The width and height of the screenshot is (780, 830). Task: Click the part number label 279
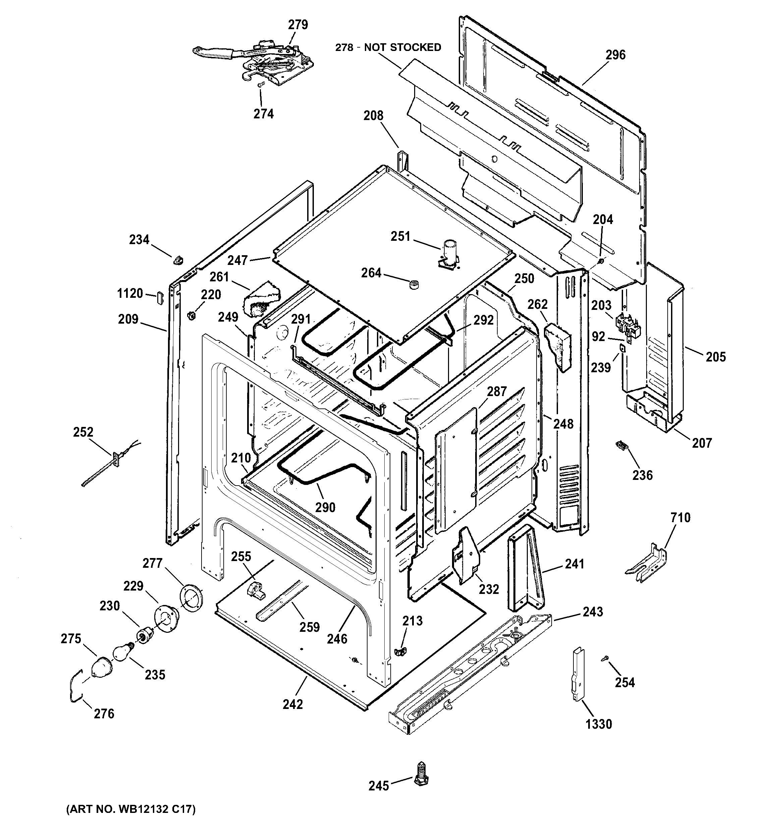(x=298, y=25)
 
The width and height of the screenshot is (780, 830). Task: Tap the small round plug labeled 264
(x=414, y=285)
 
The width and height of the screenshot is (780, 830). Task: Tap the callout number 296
(x=615, y=55)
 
